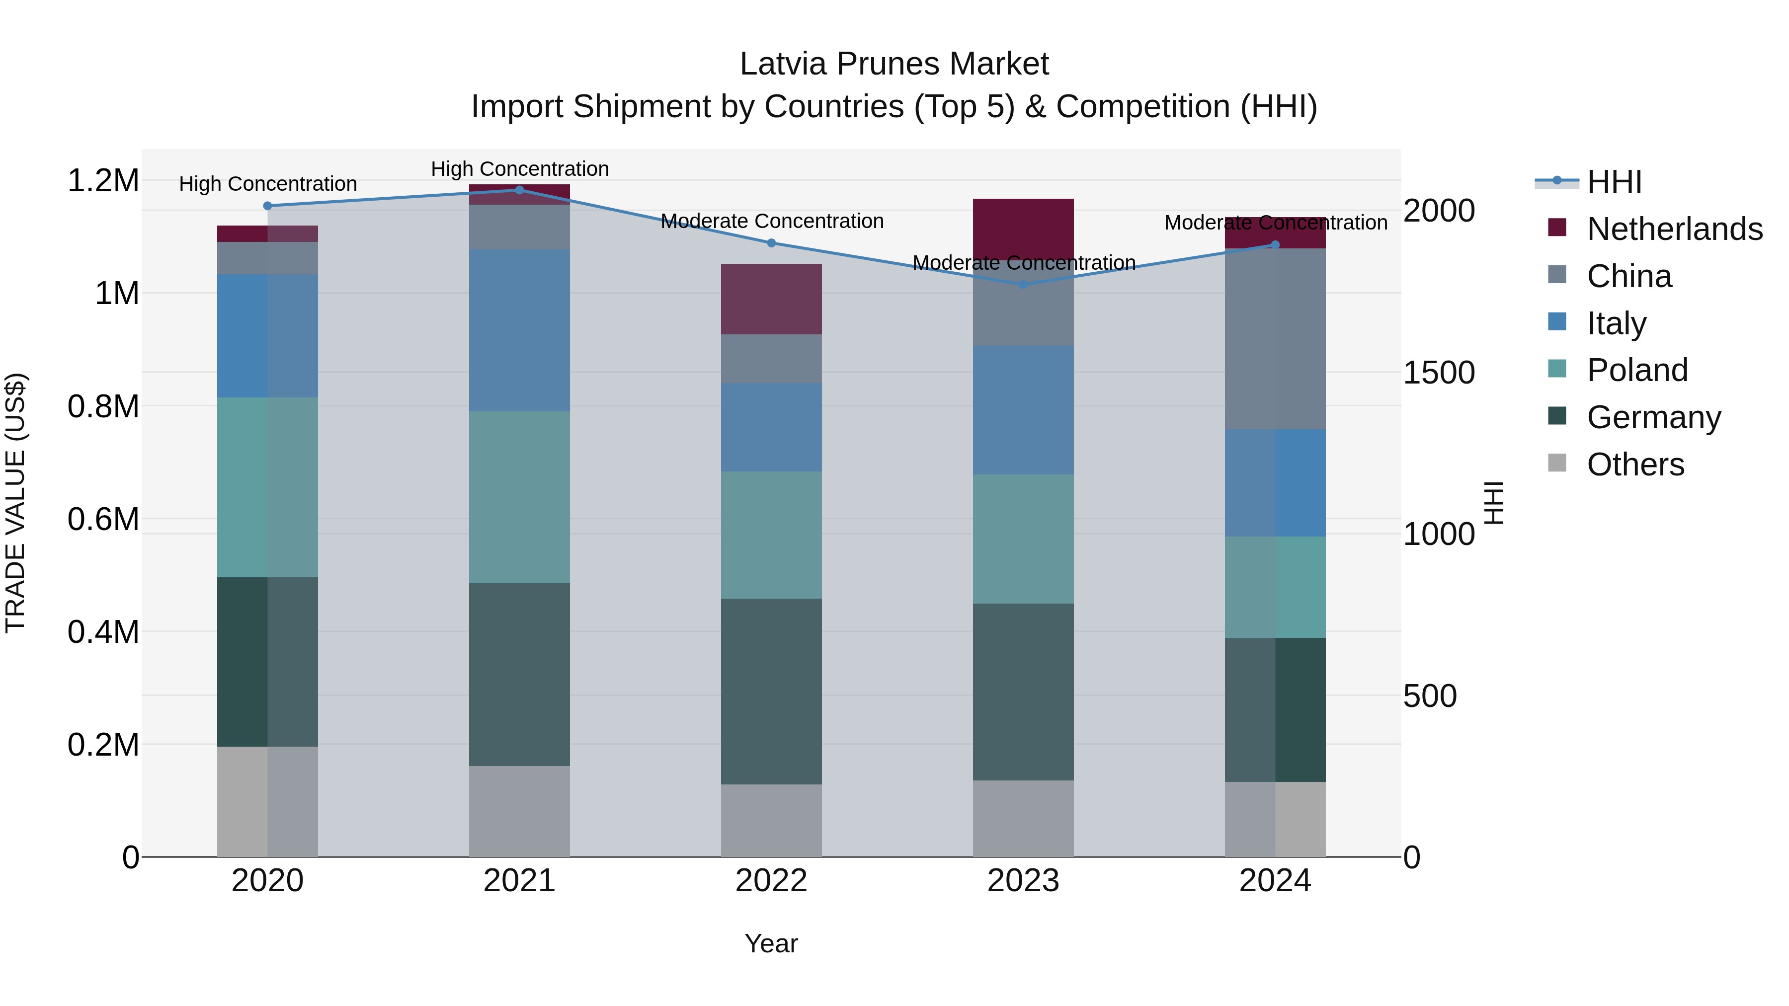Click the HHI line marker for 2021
[519, 190]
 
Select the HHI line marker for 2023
[1023, 284]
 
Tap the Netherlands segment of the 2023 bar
[1023, 229]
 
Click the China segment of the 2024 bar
[1275, 339]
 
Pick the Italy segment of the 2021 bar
[519, 330]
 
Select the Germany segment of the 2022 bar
[771, 692]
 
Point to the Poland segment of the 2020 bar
[267, 487]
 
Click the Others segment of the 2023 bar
[1023, 819]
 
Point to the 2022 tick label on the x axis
[771, 881]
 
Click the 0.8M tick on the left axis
[103, 407]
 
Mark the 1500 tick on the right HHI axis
[1438, 373]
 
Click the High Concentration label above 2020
[267, 184]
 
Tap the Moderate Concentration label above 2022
[772, 222]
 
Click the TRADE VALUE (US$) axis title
[15, 503]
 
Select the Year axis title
[771, 943]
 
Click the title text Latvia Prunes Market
[894, 64]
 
